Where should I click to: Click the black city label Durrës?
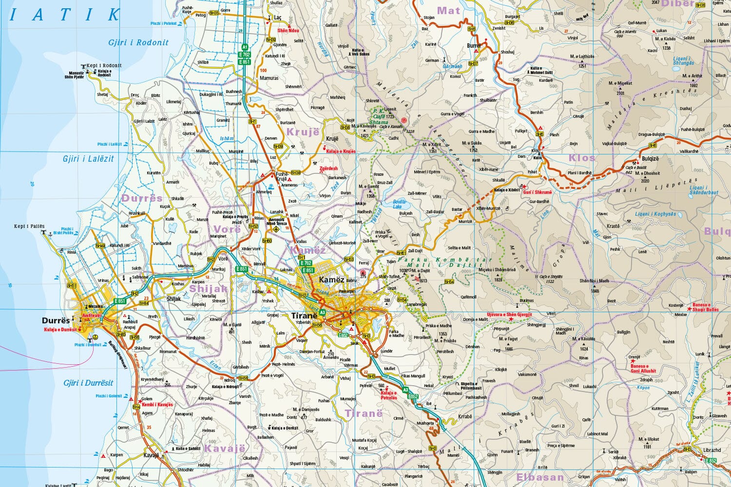coord(56,321)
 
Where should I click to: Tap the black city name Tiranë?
coord(304,316)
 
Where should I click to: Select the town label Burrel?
coord(474,46)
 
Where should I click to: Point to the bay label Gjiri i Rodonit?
coord(138,42)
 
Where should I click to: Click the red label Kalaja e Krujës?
coord(341,151)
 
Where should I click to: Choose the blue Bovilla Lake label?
coord(400,204)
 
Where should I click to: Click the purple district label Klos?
coord(582,158)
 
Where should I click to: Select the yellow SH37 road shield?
coord(473,64)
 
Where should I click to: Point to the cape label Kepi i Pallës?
coord(29,226)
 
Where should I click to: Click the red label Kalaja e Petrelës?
coord(389,395)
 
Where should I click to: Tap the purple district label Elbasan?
coord(540,477)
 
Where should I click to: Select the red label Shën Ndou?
coord(288,31)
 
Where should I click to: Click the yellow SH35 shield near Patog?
coord(214,13)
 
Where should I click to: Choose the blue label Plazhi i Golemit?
coord(109,396)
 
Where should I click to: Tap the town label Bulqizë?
coord(650,159)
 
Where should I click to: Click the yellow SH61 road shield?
coord(401,253)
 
